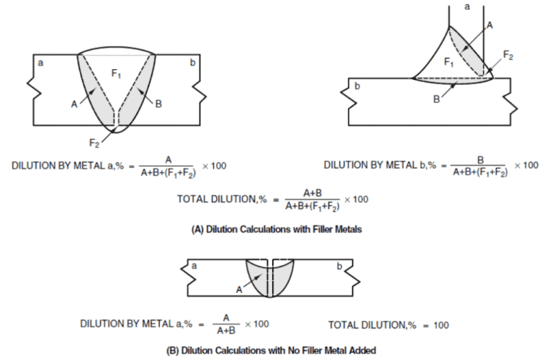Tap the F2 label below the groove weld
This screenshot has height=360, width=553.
tap(104, 142)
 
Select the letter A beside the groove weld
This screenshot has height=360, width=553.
tap(73, 104)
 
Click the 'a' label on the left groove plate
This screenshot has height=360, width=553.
tap(40, 63)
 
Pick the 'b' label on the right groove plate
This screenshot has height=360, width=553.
tap(192, 63)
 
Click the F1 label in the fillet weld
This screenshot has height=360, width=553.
tap(449, 63)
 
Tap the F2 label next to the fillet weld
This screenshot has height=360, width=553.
tap(508, 54)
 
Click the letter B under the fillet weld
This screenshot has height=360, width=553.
tap(436, 99)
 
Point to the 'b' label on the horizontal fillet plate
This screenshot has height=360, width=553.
tap(358, 86)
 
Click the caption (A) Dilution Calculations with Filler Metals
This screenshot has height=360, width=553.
tap(276, 230)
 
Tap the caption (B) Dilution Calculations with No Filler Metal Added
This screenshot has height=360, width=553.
tap(276, 350)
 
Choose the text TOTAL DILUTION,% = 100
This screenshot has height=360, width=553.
tap(388, 325)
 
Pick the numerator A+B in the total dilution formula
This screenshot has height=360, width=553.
tap(313, 192)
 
